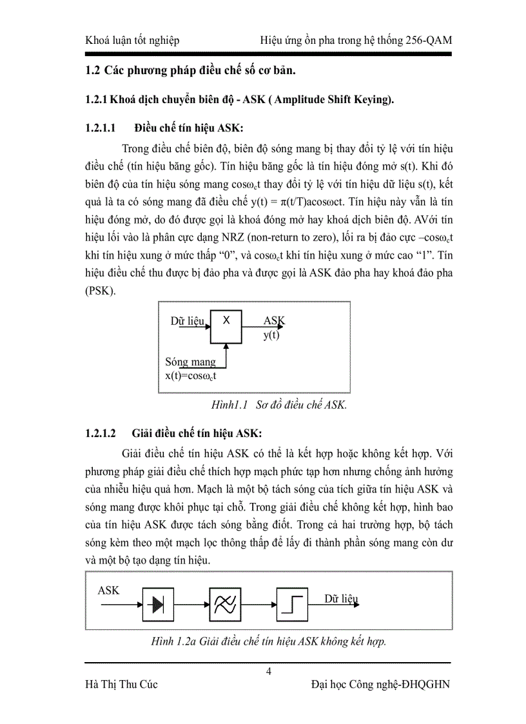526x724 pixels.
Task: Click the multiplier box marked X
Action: (x=226, y=327)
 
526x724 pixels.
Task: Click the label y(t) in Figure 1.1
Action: (x=271, y=335)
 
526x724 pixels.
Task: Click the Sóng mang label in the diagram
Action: (x=191, y=362)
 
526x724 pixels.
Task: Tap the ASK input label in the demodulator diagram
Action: (x=108, y=590)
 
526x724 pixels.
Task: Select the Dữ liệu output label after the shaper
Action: (x=341, y=599)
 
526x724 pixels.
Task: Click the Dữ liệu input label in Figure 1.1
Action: (x=188, y=320)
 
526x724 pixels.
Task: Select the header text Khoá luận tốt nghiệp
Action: (x=132, y=41)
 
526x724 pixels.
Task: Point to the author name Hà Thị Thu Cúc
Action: (x=121, y=685)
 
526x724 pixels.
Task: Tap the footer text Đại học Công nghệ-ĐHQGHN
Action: (x=380, y=685)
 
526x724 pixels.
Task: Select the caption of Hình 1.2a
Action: (x=268, y=641)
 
